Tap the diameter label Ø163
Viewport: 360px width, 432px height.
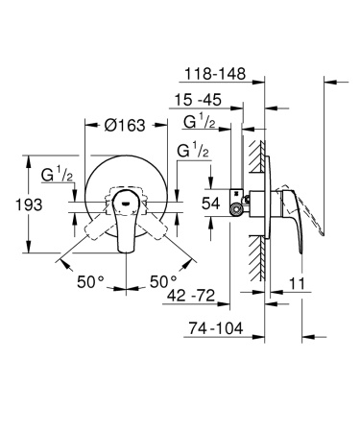tap(126, 125)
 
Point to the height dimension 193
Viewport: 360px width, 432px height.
tap(17, 204)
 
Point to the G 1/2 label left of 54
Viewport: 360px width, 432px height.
tap(193, 153)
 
